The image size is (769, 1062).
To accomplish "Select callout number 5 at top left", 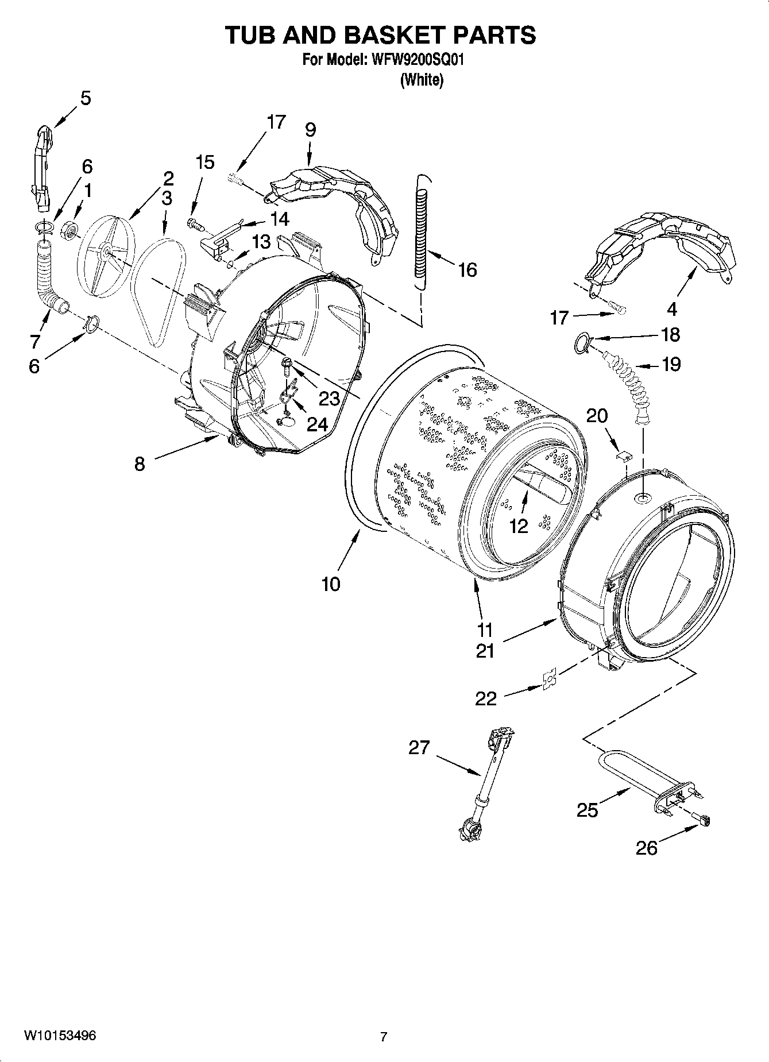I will click(x=85, y=98).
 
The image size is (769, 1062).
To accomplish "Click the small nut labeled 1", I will click(x=70, y=231).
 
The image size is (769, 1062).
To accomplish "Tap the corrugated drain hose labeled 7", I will click(x=46, y=276).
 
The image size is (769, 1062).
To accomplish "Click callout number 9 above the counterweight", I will click(x=310, y=130).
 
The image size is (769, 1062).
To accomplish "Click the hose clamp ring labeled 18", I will click(x=581, y=343).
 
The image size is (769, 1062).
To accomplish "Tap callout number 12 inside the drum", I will click(x=519, y=526).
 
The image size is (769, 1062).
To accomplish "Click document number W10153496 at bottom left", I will click(x=60, y=1036).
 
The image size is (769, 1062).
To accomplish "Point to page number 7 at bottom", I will click(x=384, y=1037).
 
